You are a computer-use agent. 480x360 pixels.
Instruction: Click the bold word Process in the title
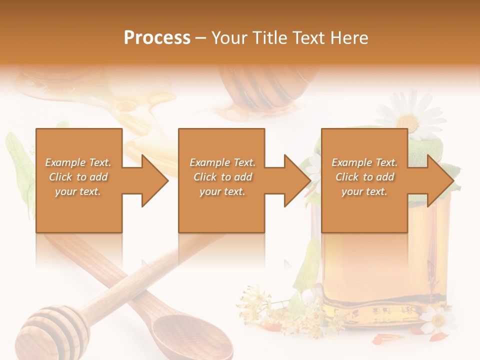[157, 38]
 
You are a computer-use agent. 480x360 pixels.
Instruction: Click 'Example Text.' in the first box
[78, 162]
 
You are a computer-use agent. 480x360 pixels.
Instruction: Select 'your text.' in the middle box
[222, 191]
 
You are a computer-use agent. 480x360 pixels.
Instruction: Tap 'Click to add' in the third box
[364, 177]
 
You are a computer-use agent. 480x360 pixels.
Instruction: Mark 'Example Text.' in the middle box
[222, 162]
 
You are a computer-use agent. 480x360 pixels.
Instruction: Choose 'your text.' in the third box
[364, 191]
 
